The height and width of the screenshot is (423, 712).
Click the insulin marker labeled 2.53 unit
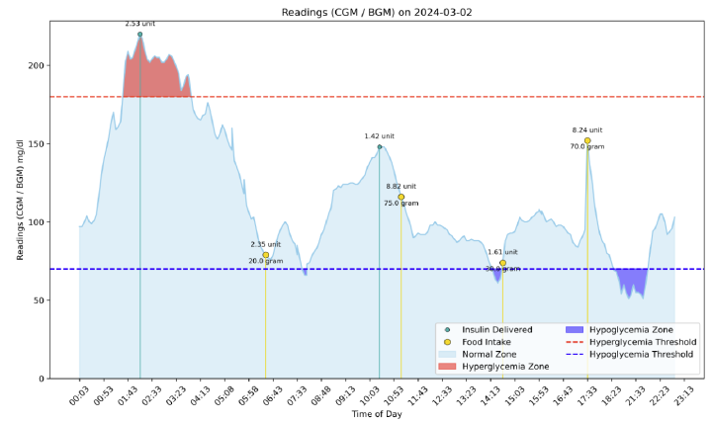[139, 34]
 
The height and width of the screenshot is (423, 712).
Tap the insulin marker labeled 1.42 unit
[379, 146]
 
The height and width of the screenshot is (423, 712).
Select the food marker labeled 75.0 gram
[400, 197]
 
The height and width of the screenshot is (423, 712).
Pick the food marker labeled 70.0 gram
[587, 140]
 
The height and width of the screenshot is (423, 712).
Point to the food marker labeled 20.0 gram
[265, 255]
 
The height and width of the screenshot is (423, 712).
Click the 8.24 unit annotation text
[587, 129]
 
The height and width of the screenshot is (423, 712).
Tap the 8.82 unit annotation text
[400, 186]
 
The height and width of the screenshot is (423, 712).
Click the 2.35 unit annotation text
[265, 244]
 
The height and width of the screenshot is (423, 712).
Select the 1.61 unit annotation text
[502, 252]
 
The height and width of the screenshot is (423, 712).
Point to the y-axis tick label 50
[42, 300]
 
